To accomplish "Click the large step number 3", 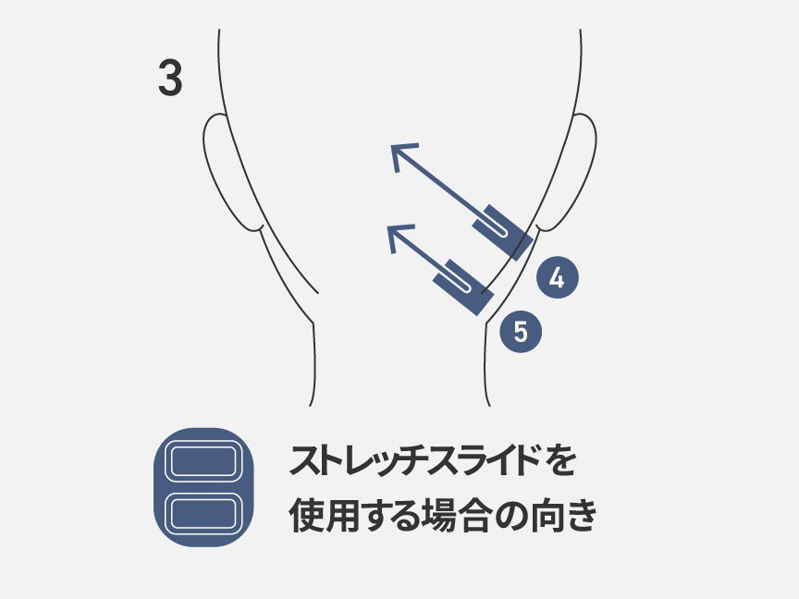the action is click(170, 78).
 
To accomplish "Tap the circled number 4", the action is click(558, 277).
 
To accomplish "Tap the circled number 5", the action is click(521, 332).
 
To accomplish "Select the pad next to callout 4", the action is click(502, 233).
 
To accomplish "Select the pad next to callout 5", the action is click(463, 287).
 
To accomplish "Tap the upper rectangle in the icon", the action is click(203, 461).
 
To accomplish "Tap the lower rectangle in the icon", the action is click(203, 513).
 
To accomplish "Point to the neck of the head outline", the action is click(400, 364).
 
